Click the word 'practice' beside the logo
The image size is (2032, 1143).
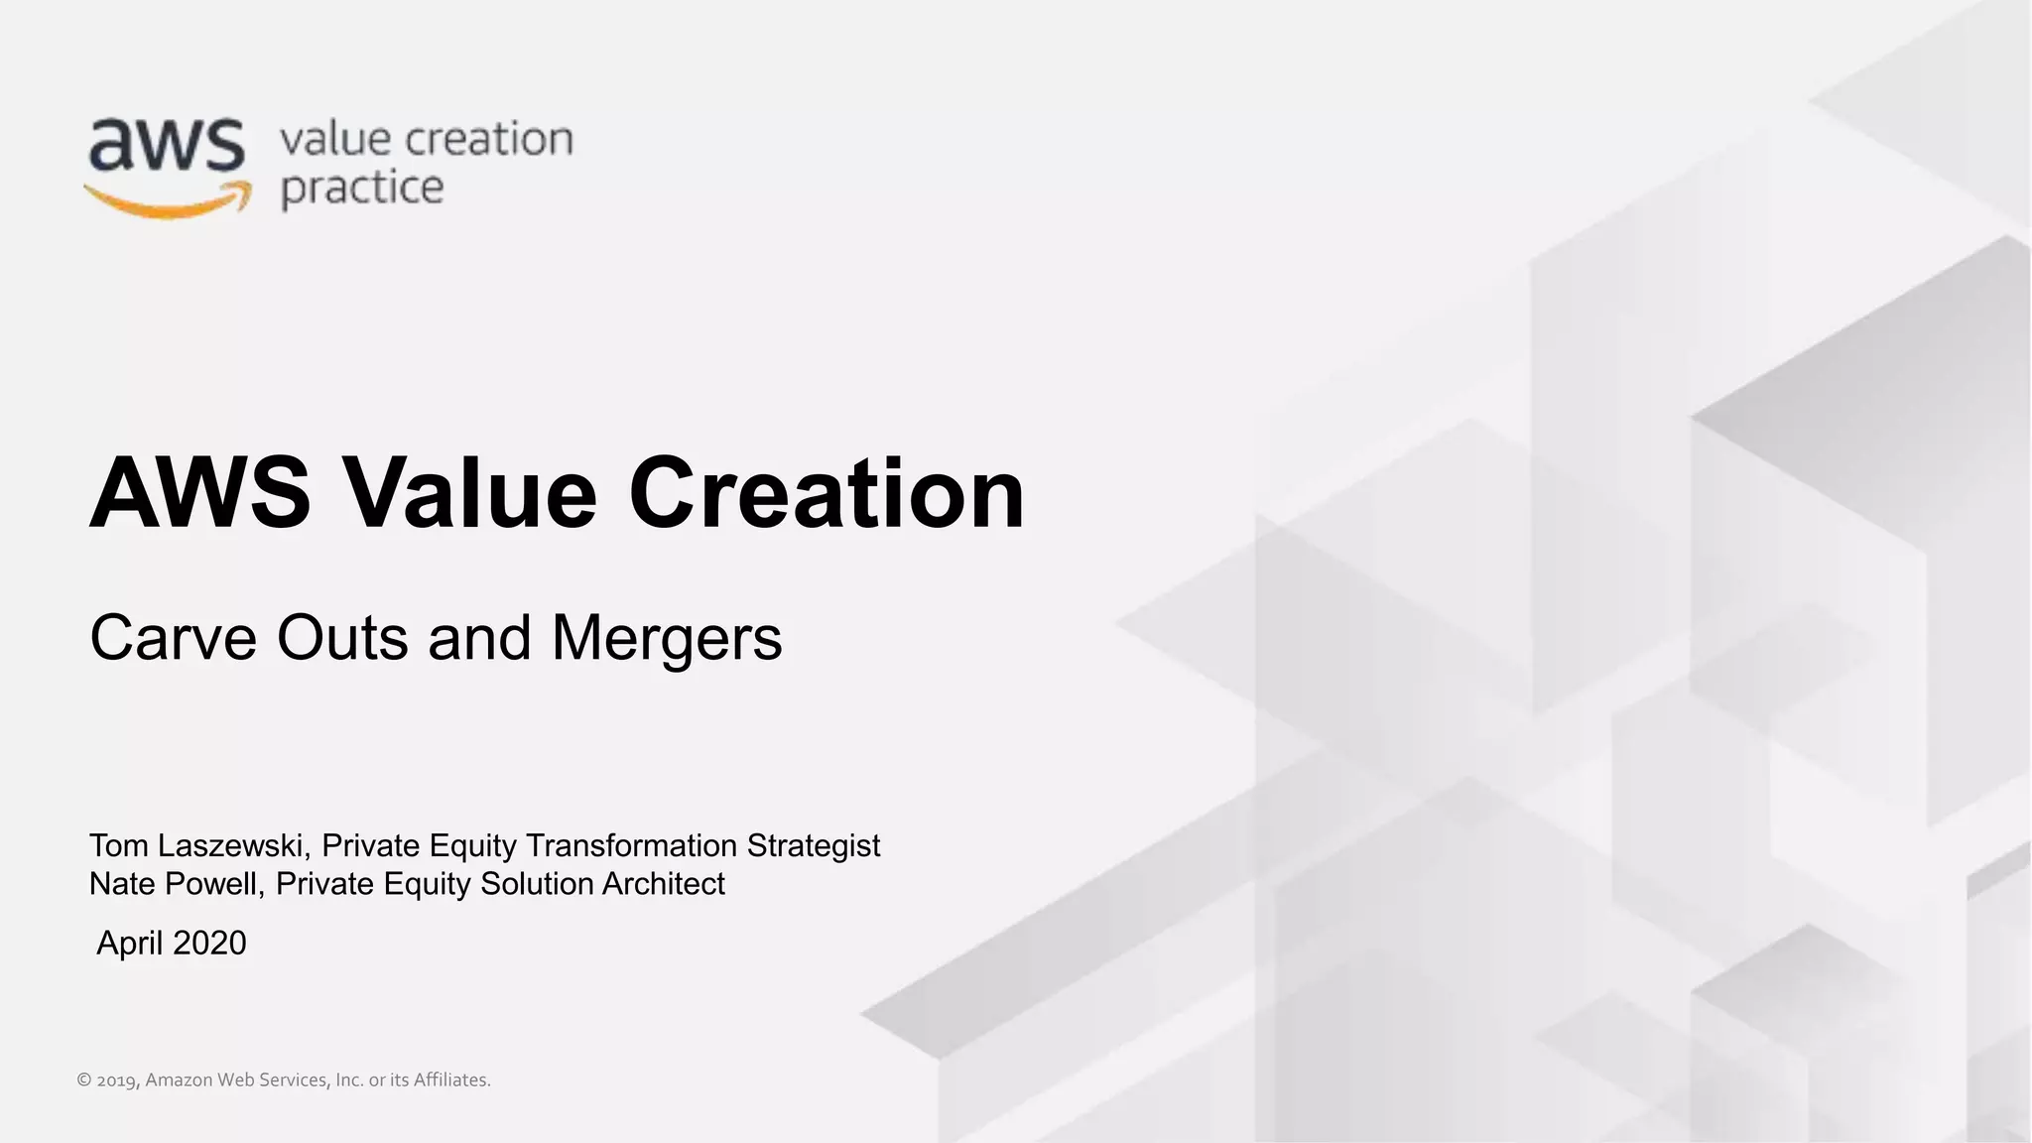362,189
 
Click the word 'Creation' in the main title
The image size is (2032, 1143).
825,493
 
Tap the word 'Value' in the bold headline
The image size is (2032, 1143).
469,493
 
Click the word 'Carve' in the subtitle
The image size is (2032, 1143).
174,637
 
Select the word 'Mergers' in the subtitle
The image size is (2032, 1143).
666,637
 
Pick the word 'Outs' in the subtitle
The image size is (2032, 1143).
341,637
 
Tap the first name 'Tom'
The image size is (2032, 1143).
119,845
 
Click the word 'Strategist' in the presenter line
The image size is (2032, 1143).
813,845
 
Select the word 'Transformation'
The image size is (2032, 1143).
631,845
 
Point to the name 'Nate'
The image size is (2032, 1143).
121,883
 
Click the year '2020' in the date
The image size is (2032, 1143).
208,943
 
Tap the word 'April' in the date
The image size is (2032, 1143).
129,944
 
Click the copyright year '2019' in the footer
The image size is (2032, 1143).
117,1080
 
